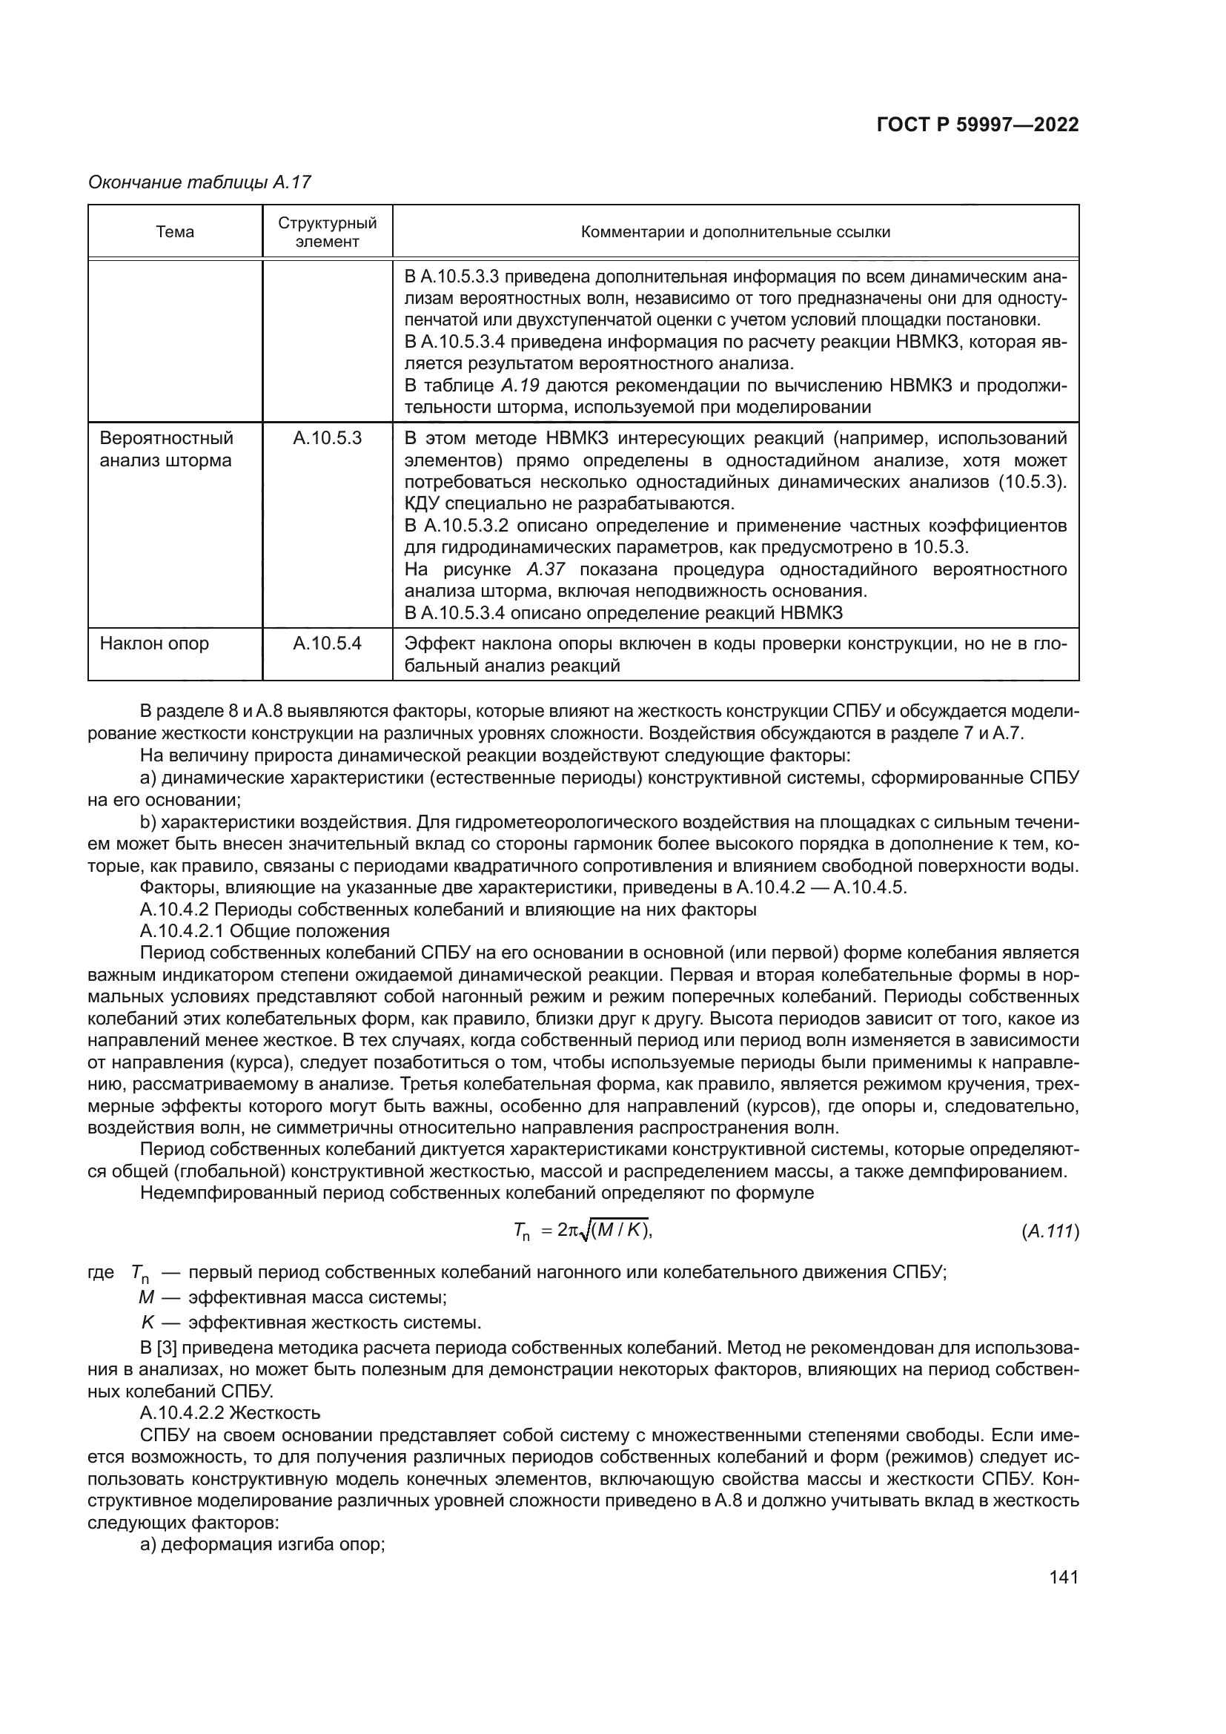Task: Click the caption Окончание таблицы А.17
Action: [200, 182]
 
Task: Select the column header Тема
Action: [175, 232]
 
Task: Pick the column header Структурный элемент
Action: [327, 232]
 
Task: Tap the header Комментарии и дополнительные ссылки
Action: [735, 232]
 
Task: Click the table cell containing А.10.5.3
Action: [327, 438]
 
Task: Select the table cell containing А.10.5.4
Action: [327, 643]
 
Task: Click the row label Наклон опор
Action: [155, 643]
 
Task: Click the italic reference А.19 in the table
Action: [520, 386]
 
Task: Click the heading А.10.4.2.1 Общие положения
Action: [265, 931]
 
